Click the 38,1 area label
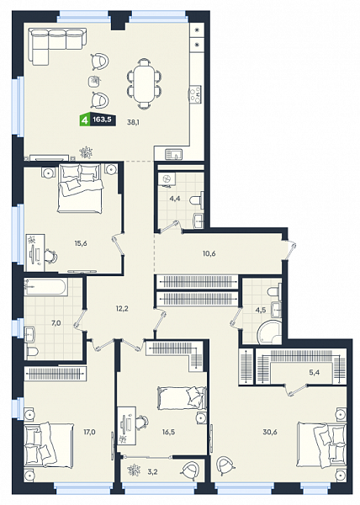[134, 122]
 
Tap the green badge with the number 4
[85, 120]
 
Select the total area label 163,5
[102, 120]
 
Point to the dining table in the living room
[144, 83]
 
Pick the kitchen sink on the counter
[174, 154]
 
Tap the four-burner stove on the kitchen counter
[195, 94]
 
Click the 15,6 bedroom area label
[81, 243]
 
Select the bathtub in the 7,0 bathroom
[45, 288]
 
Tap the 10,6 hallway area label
[209, 253]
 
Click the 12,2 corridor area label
[122, 309]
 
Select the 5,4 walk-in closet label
[315, 372]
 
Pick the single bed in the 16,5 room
[182, 398]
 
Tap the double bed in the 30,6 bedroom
[321, 444]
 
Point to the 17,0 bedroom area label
[89, 432]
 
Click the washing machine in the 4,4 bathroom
[167, 180]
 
